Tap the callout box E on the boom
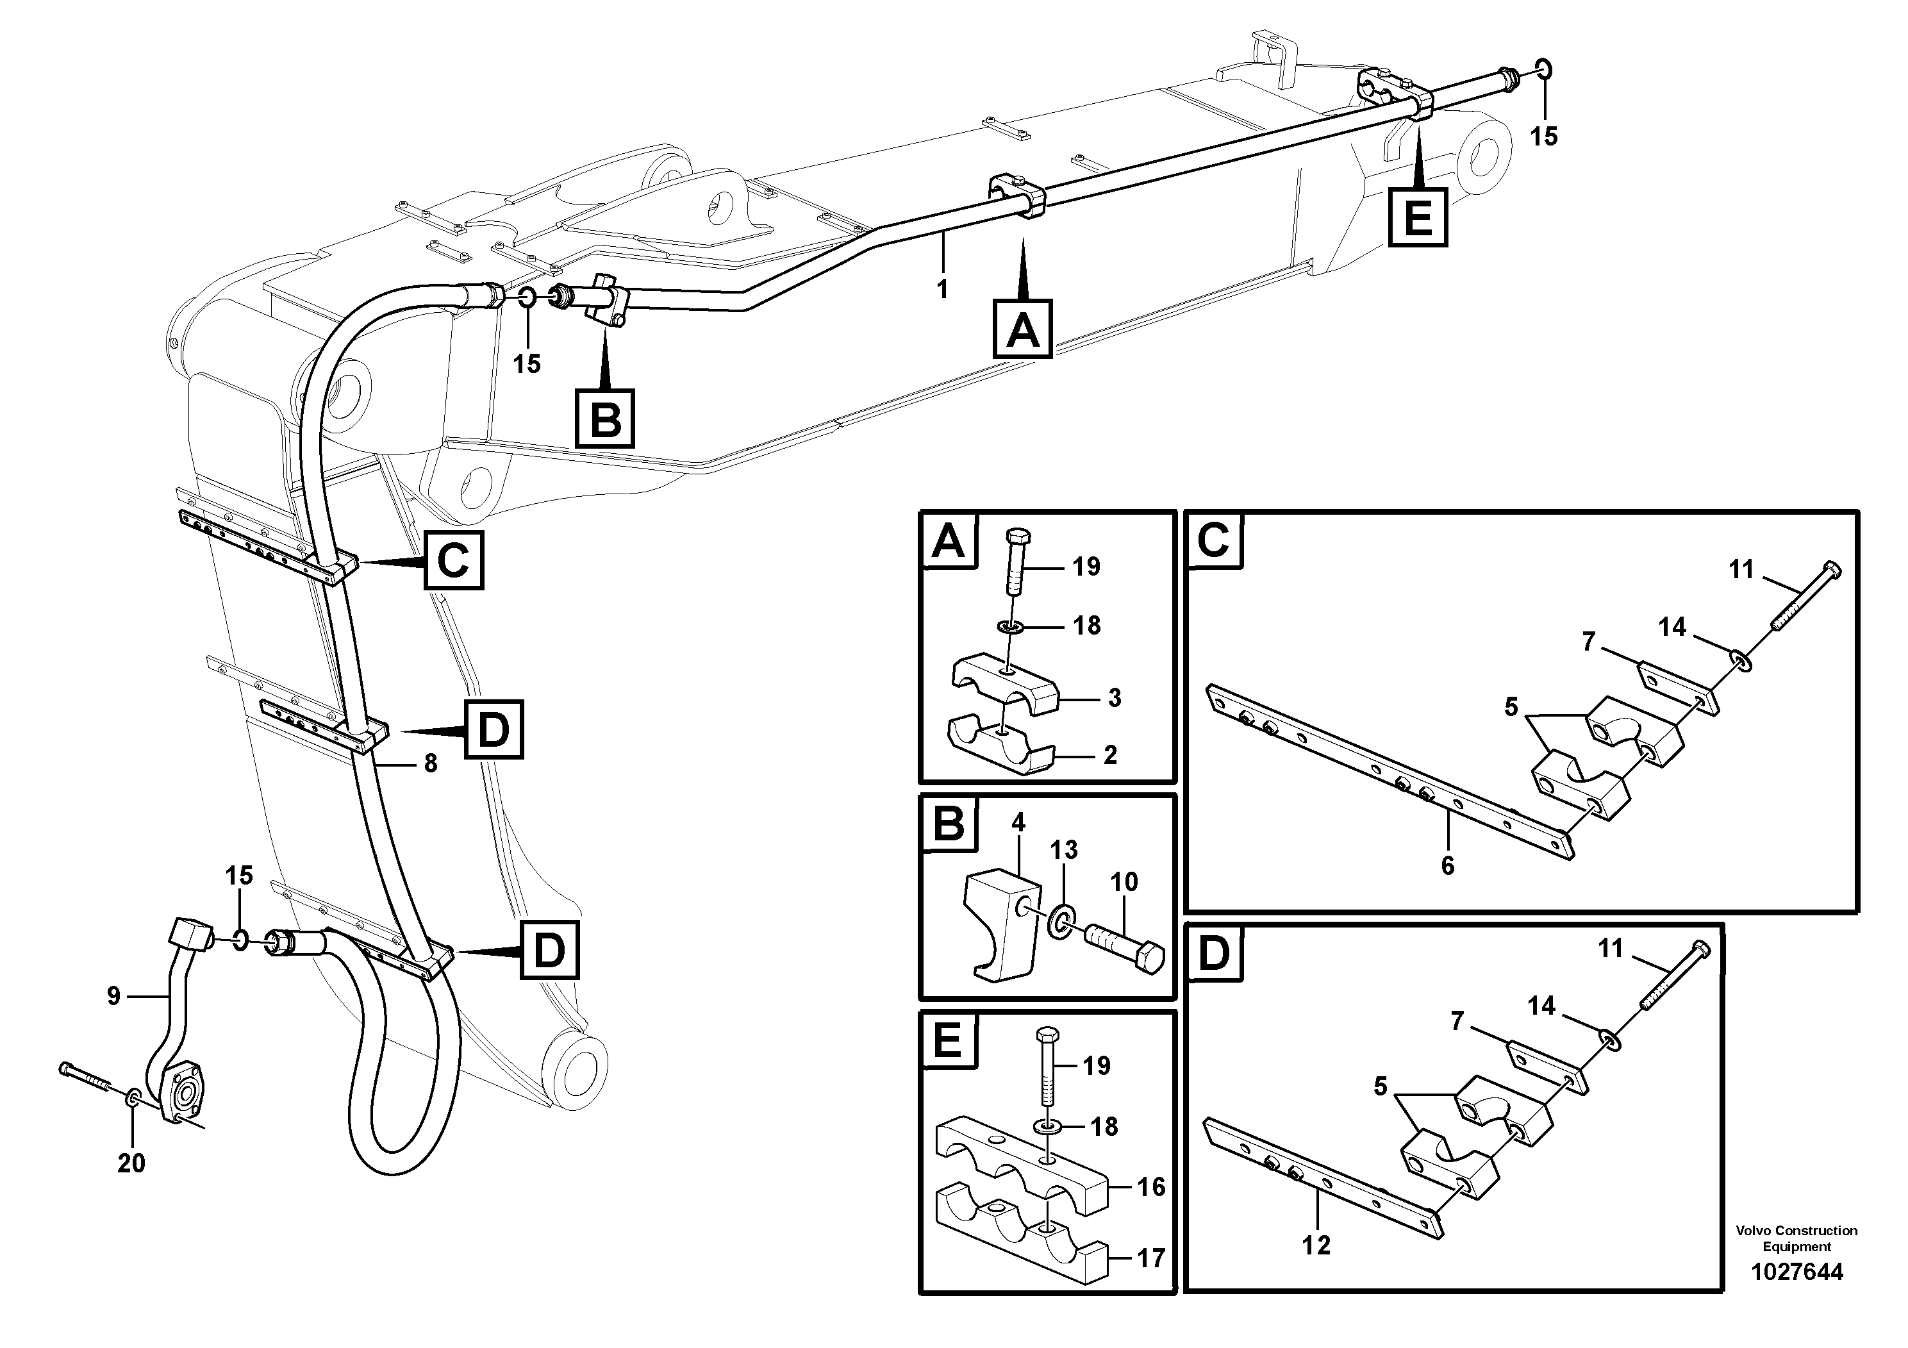tap(1418, 218)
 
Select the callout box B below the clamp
tap(605, 419)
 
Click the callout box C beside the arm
tap(454, 561)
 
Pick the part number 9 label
tap(114, 995)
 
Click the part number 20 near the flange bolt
tap(131, 1163)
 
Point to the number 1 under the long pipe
tap(942, 289)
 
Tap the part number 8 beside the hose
tap(431, 763)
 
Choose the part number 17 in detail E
tap(1151, 1258)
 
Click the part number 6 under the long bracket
tap(1448, 866)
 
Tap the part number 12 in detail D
tap(1316, 1245)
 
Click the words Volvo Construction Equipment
tap(1796, 1238)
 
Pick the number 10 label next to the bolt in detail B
tap(1124, 882)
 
